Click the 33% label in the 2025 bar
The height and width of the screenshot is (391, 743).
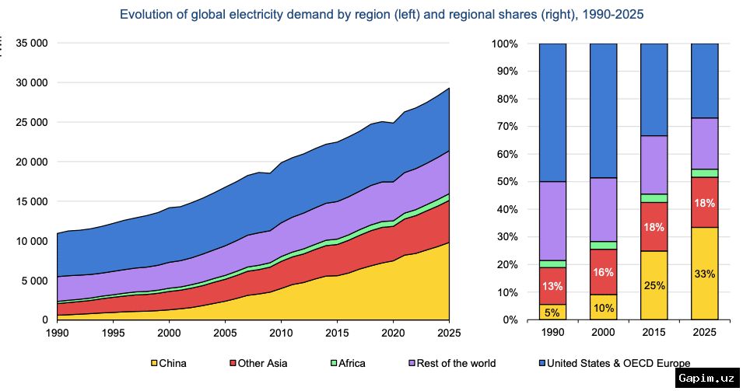point(705,274)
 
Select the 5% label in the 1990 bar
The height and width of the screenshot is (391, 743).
point(552,313)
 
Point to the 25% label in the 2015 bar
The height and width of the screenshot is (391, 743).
point(654,285)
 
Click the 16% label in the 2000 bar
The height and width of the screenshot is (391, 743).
point(603,272)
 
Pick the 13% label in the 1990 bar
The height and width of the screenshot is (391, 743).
point(552,287)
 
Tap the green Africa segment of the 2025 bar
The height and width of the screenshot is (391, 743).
point(705,173)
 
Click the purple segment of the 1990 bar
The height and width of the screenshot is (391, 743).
point(552,221)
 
